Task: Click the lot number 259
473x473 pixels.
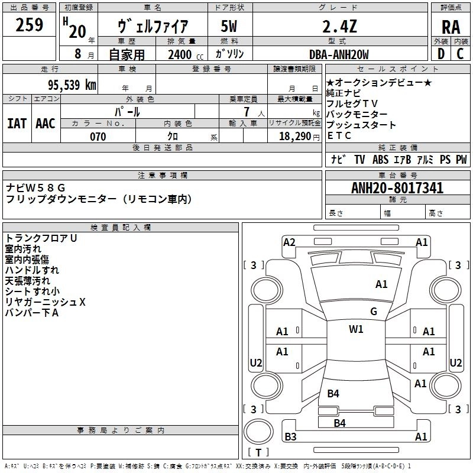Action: (x=29, y=25)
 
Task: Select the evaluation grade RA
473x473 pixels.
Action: (x=451, y=27)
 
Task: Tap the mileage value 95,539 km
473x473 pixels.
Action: (x=72, y=85)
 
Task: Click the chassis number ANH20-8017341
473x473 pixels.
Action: (x=397, y=188)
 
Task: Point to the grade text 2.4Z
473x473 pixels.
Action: (x=339, y=26)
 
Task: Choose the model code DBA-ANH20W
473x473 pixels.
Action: (x=339, y=54)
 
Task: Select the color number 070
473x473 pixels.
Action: (x=98, y=137)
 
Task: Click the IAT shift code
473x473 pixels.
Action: (x=17, y=124)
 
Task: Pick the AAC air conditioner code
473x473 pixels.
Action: (x=46, y=124)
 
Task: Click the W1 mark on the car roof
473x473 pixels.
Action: (x=356, y=329)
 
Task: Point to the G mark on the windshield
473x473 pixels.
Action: (x=374, y=312)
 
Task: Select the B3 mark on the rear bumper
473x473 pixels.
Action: (x=290, y=436)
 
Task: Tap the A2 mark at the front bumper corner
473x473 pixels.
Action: (x=289, y=242)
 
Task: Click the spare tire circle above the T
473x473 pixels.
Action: (x=258, y=432)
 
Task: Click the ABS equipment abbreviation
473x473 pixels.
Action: (x=380, y=160)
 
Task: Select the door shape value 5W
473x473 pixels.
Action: (x=229, y=26)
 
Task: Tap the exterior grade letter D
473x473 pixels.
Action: (x=441, y=54)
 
